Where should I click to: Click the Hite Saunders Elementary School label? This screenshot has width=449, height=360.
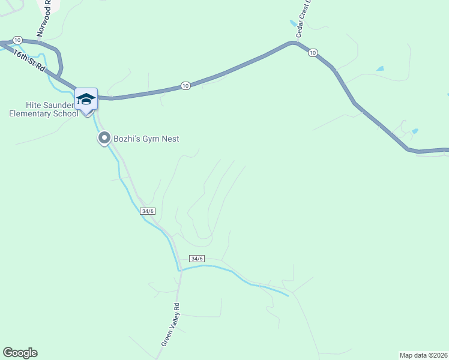point(43,109)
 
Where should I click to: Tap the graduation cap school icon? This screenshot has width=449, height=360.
point(86,99)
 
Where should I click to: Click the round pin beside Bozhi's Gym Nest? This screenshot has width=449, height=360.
point(104,139)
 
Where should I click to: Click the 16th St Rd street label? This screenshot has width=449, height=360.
point(28,60)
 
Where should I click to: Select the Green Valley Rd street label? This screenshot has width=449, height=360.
point(170,324)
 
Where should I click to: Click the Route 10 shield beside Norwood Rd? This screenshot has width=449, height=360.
point(17,40)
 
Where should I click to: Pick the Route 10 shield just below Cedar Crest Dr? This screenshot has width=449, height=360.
point(312,53)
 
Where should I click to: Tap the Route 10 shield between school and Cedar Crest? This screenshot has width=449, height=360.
point(185,86)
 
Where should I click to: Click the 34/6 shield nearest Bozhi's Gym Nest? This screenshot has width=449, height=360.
point(148,211)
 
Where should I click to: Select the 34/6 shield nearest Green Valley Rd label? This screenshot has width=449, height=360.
point(197,258)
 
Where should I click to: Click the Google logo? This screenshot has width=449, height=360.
point(20,353)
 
